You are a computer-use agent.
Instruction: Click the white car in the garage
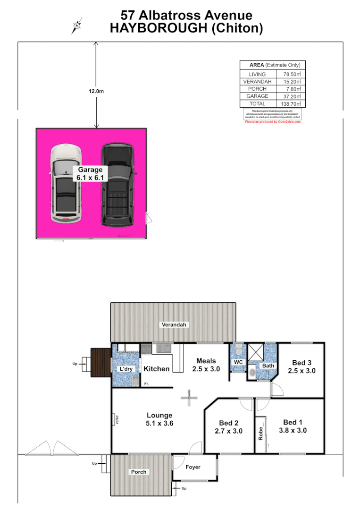[x=66, y=184]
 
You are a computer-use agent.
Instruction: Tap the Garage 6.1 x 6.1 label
[x=90, y=174]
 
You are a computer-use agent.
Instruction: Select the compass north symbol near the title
[x=76, y=25]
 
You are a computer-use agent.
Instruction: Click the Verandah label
[x=174, y=325]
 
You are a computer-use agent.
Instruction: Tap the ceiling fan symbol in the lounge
[x=189, y=398]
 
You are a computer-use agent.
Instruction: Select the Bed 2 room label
[x=228, y=426]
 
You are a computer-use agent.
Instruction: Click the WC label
[x=238, y=362]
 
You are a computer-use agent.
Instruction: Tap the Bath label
[x=268, y=365]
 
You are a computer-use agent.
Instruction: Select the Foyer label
[x=193, y=467]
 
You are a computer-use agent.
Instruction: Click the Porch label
[x=139, y=472]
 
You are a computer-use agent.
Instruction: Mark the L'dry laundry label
[x=126, y=368]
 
